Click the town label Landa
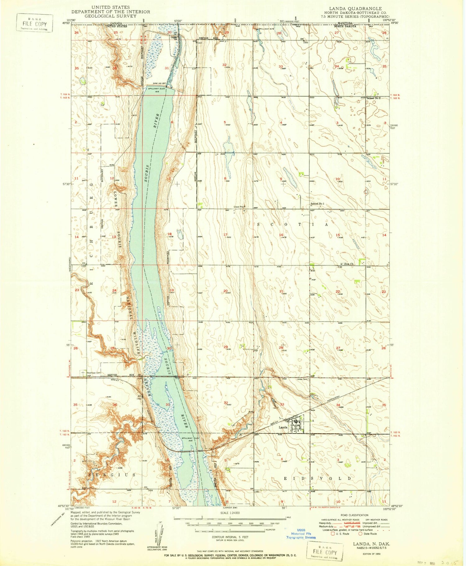tap(282, 427)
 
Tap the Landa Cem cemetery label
tap(301, 379)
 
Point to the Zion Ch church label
tap(349, 264)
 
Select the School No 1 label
tap(317, 204)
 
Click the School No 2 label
tap(374, 98)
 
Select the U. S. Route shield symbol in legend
tap(333, 534)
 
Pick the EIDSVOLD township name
tap(317, 478)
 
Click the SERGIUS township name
tap(112, 475)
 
